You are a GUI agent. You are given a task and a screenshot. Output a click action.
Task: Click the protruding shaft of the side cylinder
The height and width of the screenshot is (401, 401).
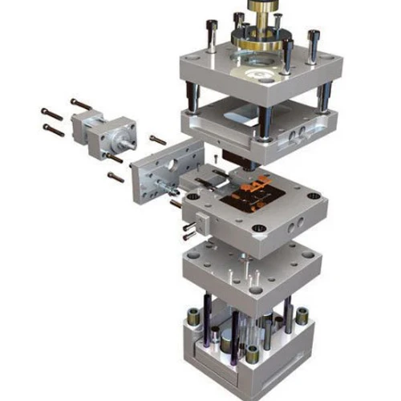(x=126, y=149)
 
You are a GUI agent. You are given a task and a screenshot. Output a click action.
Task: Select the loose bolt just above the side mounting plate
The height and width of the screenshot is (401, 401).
(x=157, y=140)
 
